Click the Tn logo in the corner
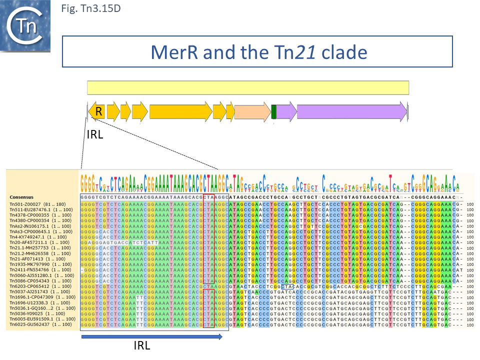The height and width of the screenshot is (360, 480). pyautogui.click(x=25, y=26)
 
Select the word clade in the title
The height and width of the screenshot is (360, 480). pyautogui.click(x=344, y=52)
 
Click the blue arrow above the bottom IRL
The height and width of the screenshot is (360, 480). pyautogui.click(x=151, y=337)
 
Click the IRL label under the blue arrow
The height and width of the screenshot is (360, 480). pyautogui.click(x=141, y=346)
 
